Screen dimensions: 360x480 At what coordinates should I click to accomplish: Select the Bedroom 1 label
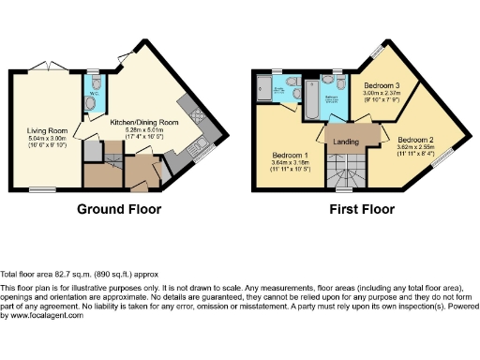tap(291, 154)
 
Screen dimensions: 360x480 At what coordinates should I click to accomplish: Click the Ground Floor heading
tap(118, 209)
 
